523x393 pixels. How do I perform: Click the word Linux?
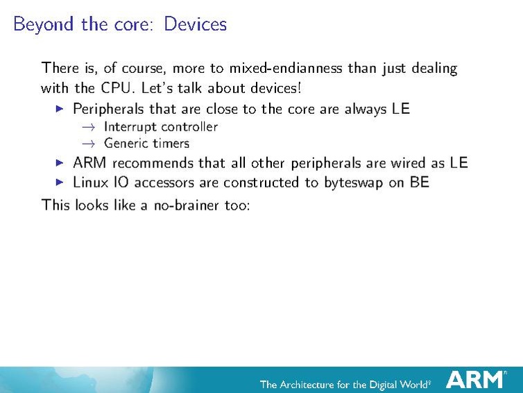tap(91, 182)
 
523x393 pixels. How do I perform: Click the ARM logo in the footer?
tap(474, 379)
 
